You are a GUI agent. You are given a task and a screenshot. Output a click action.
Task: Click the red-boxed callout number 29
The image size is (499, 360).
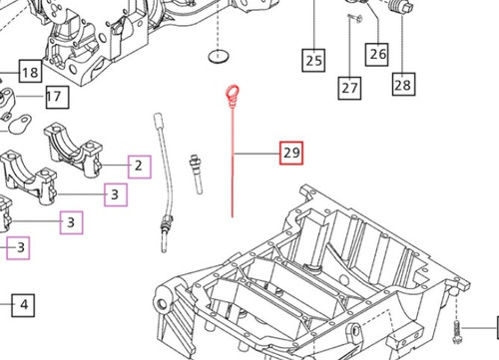pyautogui.click(x=292, y=155)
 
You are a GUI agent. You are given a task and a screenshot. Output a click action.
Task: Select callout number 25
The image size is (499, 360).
pyautogui.click(x=314, y=60)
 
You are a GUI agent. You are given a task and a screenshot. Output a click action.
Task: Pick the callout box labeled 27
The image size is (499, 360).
pyautogui.click(x=349, y=88)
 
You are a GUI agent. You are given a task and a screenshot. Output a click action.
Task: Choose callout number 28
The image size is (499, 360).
pyautogui.click(x=403, y=85)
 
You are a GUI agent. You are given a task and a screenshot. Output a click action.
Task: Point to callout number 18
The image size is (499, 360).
pyautogui.click(x=29, y=72)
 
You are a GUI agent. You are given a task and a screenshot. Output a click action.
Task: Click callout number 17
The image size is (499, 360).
pyautogui.click(x=53, y=97)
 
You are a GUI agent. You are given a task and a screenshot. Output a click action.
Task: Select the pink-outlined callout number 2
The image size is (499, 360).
pyautogui.click(x=139, y=166)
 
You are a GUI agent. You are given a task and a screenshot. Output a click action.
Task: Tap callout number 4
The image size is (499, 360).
pyautogui.click(x=24, y=304)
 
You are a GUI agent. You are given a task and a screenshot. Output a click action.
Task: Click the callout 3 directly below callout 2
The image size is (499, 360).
pyautogui.click(x=117, y=194)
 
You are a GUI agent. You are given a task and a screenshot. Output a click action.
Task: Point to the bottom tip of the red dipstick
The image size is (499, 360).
pyautogui.click(x=233, y=215)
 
